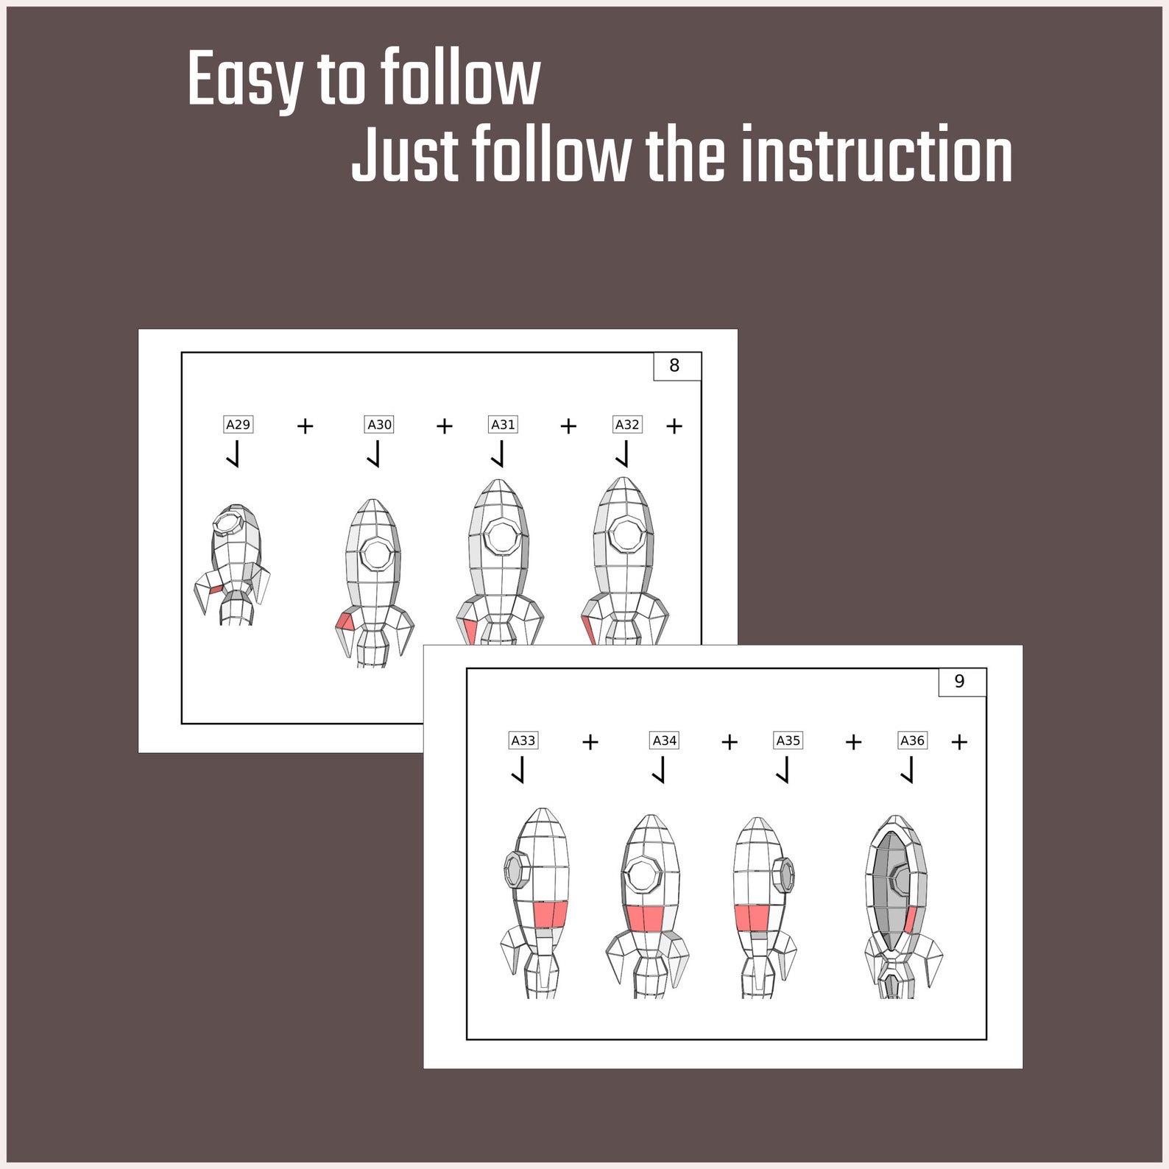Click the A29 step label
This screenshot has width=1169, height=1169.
pyautogui.click(x=238, y=425)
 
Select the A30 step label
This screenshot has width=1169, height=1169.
pyautogui.click(x=380, y=425)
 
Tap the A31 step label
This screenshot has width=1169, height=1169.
pyautogui.click(x=504, y=425)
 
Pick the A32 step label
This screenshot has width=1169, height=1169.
pyautogui.click(x=627, y=425)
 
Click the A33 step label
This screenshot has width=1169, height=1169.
pyautogui.click(x=523, y=741)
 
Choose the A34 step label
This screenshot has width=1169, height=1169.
pyautogui.click(x=665, y=741)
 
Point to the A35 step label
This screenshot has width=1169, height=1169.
pyautogui.click(x=788, y=741)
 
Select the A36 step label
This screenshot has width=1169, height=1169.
pyautogui.click(x=913, y=741)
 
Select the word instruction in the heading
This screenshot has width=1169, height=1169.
pyautogui.click(x=876, y=155)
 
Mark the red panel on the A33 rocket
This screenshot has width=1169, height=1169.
pyautogui.click(x=551, y=914)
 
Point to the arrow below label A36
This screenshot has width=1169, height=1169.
pyautogui.click(x=908, y=770)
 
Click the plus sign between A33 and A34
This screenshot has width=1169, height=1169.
pyautogui.click(x=590, y=742)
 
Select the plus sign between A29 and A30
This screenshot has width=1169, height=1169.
pyautogui.click(x=306, y=426)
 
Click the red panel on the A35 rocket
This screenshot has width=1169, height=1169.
pyautogui.click(x=752, y=918)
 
